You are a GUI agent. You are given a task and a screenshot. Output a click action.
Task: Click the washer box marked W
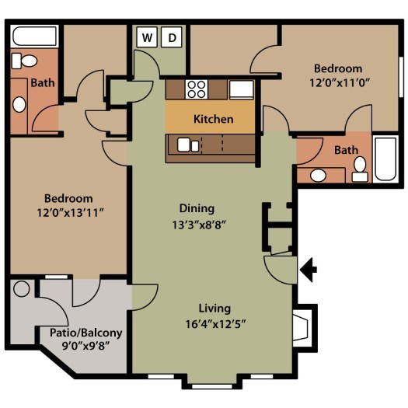click(x=148, y=37)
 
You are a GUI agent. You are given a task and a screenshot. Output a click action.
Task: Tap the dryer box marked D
click(x=173, y=37)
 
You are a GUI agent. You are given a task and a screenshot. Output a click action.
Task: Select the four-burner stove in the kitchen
click(x=196, y=89)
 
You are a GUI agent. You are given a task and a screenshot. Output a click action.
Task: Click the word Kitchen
click(x=213, y=120)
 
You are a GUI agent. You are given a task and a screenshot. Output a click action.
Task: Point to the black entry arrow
click(x=309, y=270)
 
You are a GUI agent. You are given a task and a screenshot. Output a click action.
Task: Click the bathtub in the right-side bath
click(x=385, y=159)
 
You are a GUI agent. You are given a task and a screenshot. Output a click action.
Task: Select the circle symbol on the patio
click(x=22, y=288)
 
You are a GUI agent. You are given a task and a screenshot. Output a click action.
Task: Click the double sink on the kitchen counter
click(x=188, y=144)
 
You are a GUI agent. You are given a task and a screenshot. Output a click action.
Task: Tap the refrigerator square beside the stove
click(x=240, y=89)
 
